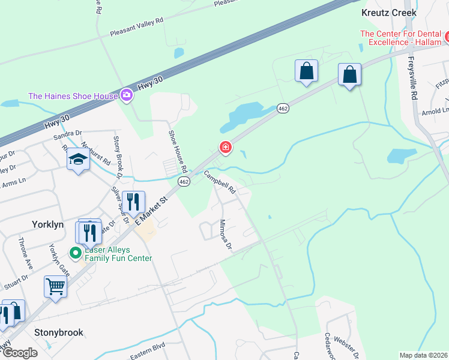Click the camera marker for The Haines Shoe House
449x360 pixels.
tap(127, 95)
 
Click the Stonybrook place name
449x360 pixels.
tap(59, 332)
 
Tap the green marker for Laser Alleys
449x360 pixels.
tap(76, 253)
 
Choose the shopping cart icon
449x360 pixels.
tap(55, 287)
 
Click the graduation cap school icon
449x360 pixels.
tap(77, 160)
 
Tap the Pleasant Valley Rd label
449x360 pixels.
tap(136, 28)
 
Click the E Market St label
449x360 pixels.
tap(151, 207)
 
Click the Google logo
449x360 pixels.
tap(20, 352)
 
